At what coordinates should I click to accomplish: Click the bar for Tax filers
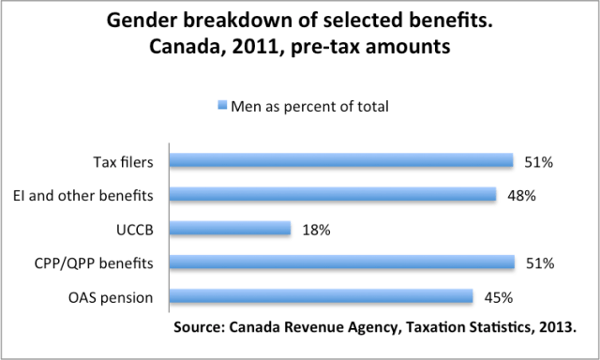[x=340, y=161]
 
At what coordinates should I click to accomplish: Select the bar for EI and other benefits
[x=332, y=195]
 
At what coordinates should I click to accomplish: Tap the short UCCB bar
[x=230, y=229]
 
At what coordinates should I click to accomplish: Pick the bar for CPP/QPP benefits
[x=341, y=262]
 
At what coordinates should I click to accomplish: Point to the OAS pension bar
[x=320, y=296]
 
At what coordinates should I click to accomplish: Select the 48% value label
[x=520, y=196]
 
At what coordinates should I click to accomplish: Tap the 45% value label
[x=497, y=297]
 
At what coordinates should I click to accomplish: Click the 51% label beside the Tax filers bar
[x=538, y=162]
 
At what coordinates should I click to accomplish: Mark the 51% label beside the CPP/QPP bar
[x=539, y=263]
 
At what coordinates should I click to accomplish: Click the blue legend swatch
[x=221, y=106]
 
